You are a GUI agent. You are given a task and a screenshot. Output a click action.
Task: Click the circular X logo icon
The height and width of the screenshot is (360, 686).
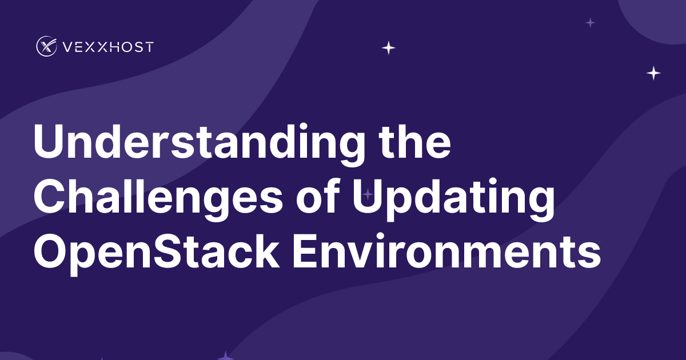tap(46, 46)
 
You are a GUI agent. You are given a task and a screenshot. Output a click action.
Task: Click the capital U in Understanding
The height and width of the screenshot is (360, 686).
tap(50, 142)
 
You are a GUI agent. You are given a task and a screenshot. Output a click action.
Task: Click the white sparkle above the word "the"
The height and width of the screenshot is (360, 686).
tap(389, 48)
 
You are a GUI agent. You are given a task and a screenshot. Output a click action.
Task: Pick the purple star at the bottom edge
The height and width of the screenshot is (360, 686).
tap(226, 356)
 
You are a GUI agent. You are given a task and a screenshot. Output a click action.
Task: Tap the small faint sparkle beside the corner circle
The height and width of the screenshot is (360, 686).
tap(591, 22)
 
